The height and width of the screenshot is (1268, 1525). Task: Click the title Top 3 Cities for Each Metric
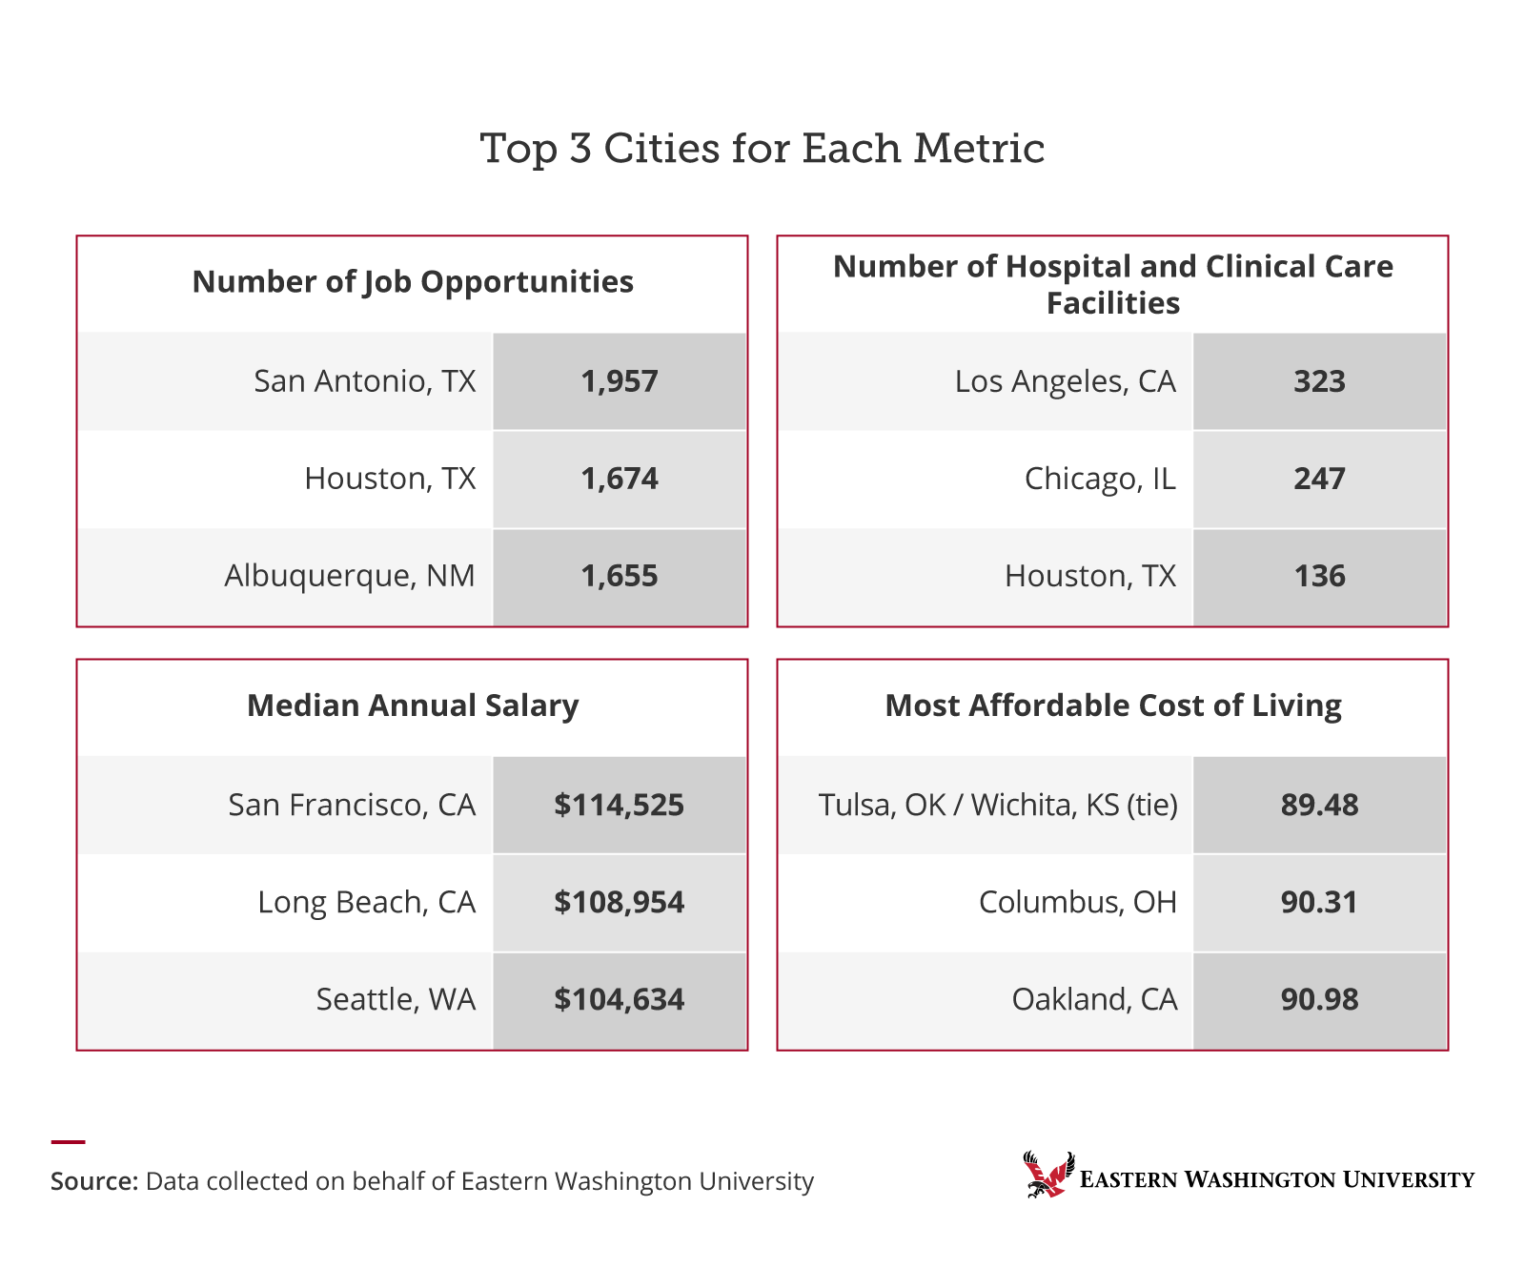point(762,149)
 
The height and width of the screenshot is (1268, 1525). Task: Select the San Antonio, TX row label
point(364,381)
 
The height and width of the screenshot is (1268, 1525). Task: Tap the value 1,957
point(620,381)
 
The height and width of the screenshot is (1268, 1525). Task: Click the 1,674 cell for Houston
point(620,479)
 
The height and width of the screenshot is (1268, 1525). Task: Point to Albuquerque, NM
point(349,576)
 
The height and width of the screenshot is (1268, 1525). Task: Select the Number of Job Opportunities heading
point(413,282)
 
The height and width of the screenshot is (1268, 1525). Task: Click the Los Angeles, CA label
point(1065,381)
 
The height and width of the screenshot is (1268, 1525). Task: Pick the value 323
point(1319,381)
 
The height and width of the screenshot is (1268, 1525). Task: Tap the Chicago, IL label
point(1100,479)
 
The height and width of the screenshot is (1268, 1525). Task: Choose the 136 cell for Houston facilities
point(1319,576)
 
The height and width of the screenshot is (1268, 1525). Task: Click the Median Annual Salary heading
point(413,706)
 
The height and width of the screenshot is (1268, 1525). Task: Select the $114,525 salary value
point(620,805)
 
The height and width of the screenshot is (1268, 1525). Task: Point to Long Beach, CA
point(366,902)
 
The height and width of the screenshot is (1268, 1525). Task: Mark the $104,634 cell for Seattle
point(620,999)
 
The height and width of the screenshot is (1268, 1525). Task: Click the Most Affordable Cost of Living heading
point(1112,706)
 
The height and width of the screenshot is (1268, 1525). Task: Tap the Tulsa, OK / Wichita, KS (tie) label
point(998,805)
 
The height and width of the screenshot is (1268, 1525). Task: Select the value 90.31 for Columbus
point(1319,902)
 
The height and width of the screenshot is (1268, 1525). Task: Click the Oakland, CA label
point(1094,999)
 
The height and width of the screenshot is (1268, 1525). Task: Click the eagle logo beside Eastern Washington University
point(1048,1175)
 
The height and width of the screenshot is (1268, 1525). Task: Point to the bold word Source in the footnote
point(93,1181)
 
